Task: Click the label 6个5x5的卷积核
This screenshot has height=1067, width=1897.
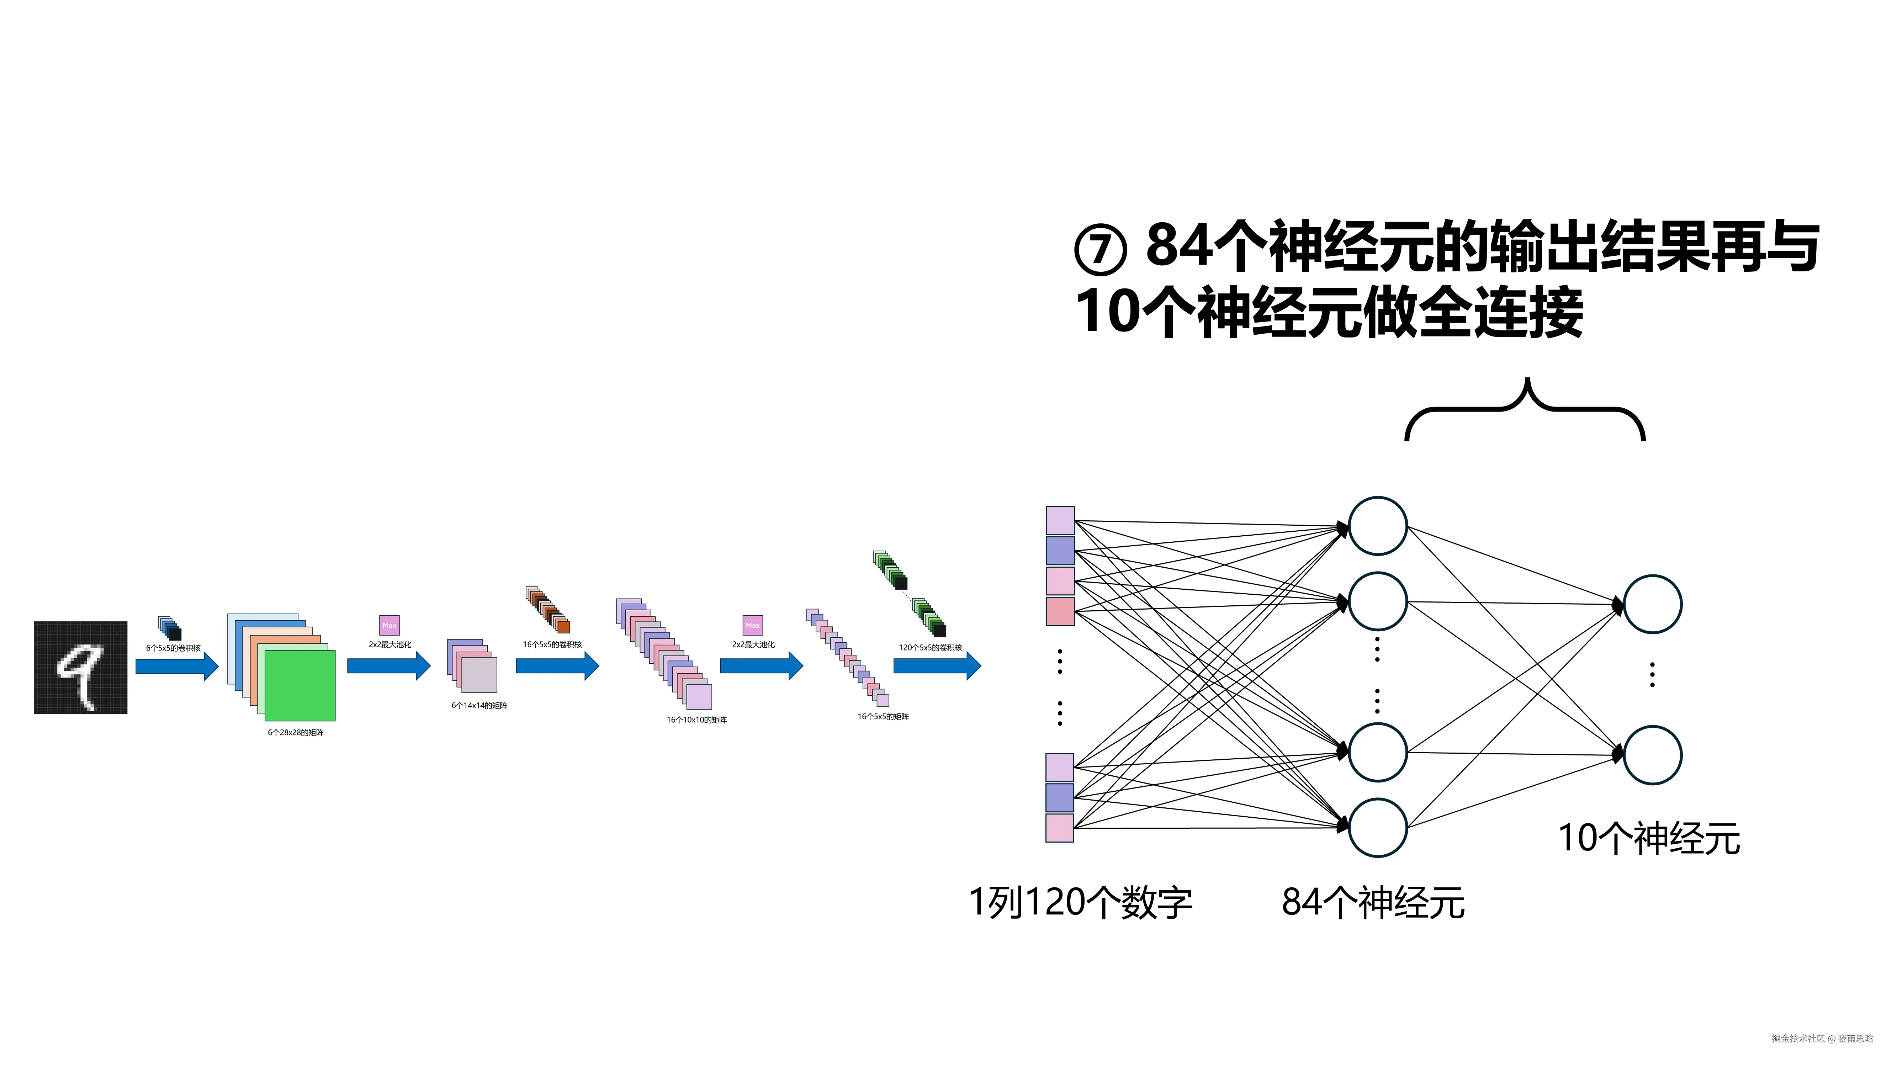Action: click(x=173, y=648)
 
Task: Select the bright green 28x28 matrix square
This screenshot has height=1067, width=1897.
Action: click(x=300, y=686)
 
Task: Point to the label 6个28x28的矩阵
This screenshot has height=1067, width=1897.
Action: click(x=295, y=733)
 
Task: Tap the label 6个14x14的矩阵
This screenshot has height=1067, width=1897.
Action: click(x=479, y=705)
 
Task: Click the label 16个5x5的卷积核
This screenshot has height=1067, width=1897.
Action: click(x=552, y=644)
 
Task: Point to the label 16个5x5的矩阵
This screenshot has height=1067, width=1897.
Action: click(x=883, y=716)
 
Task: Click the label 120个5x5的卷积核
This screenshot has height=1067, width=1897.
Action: click(x=930, y=648)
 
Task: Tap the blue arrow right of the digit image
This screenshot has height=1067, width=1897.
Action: click(x=177, y=667)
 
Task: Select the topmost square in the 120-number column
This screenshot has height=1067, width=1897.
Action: click(x=1060, y=520)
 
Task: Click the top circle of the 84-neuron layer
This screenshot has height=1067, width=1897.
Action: click(x=1377, y=526)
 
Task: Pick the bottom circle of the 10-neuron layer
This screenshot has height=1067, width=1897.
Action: click(x=1653, y=755)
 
